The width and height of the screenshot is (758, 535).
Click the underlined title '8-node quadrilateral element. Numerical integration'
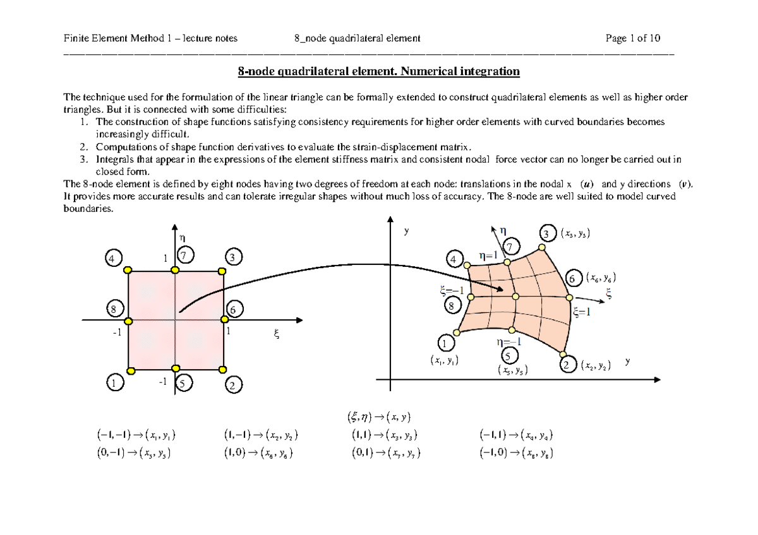click(378, 71)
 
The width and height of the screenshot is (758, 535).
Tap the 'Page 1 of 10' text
click(632, 38)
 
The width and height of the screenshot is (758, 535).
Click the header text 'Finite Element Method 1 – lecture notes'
click(150, 38)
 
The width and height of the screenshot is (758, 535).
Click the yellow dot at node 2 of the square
click(222, 368)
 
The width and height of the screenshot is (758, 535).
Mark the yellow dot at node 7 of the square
click(175, 271)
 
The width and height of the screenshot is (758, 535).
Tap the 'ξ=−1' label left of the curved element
click(452, 291)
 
